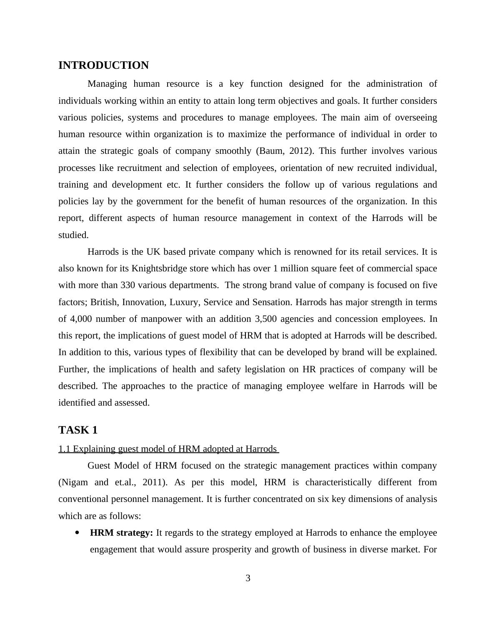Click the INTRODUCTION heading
103,65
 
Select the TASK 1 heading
78,430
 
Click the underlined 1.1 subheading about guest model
168,449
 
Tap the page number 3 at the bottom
248,578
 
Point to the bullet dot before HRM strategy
77,533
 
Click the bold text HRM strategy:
121,533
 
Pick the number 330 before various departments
128,285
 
